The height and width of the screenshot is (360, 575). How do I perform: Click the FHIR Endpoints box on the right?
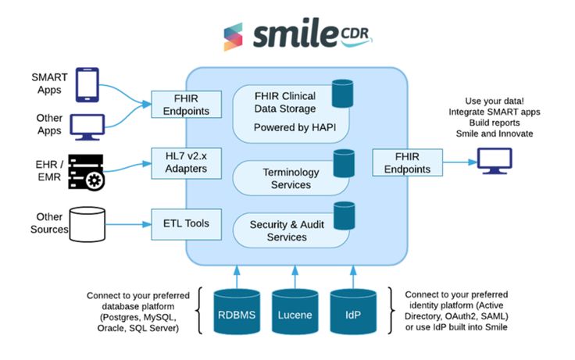coord(402,162)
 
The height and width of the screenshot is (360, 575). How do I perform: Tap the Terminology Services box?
coord(286,177)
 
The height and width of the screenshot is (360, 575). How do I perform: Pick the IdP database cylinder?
coord(354,315)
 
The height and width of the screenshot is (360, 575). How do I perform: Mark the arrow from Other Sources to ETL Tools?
coord(127,224)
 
